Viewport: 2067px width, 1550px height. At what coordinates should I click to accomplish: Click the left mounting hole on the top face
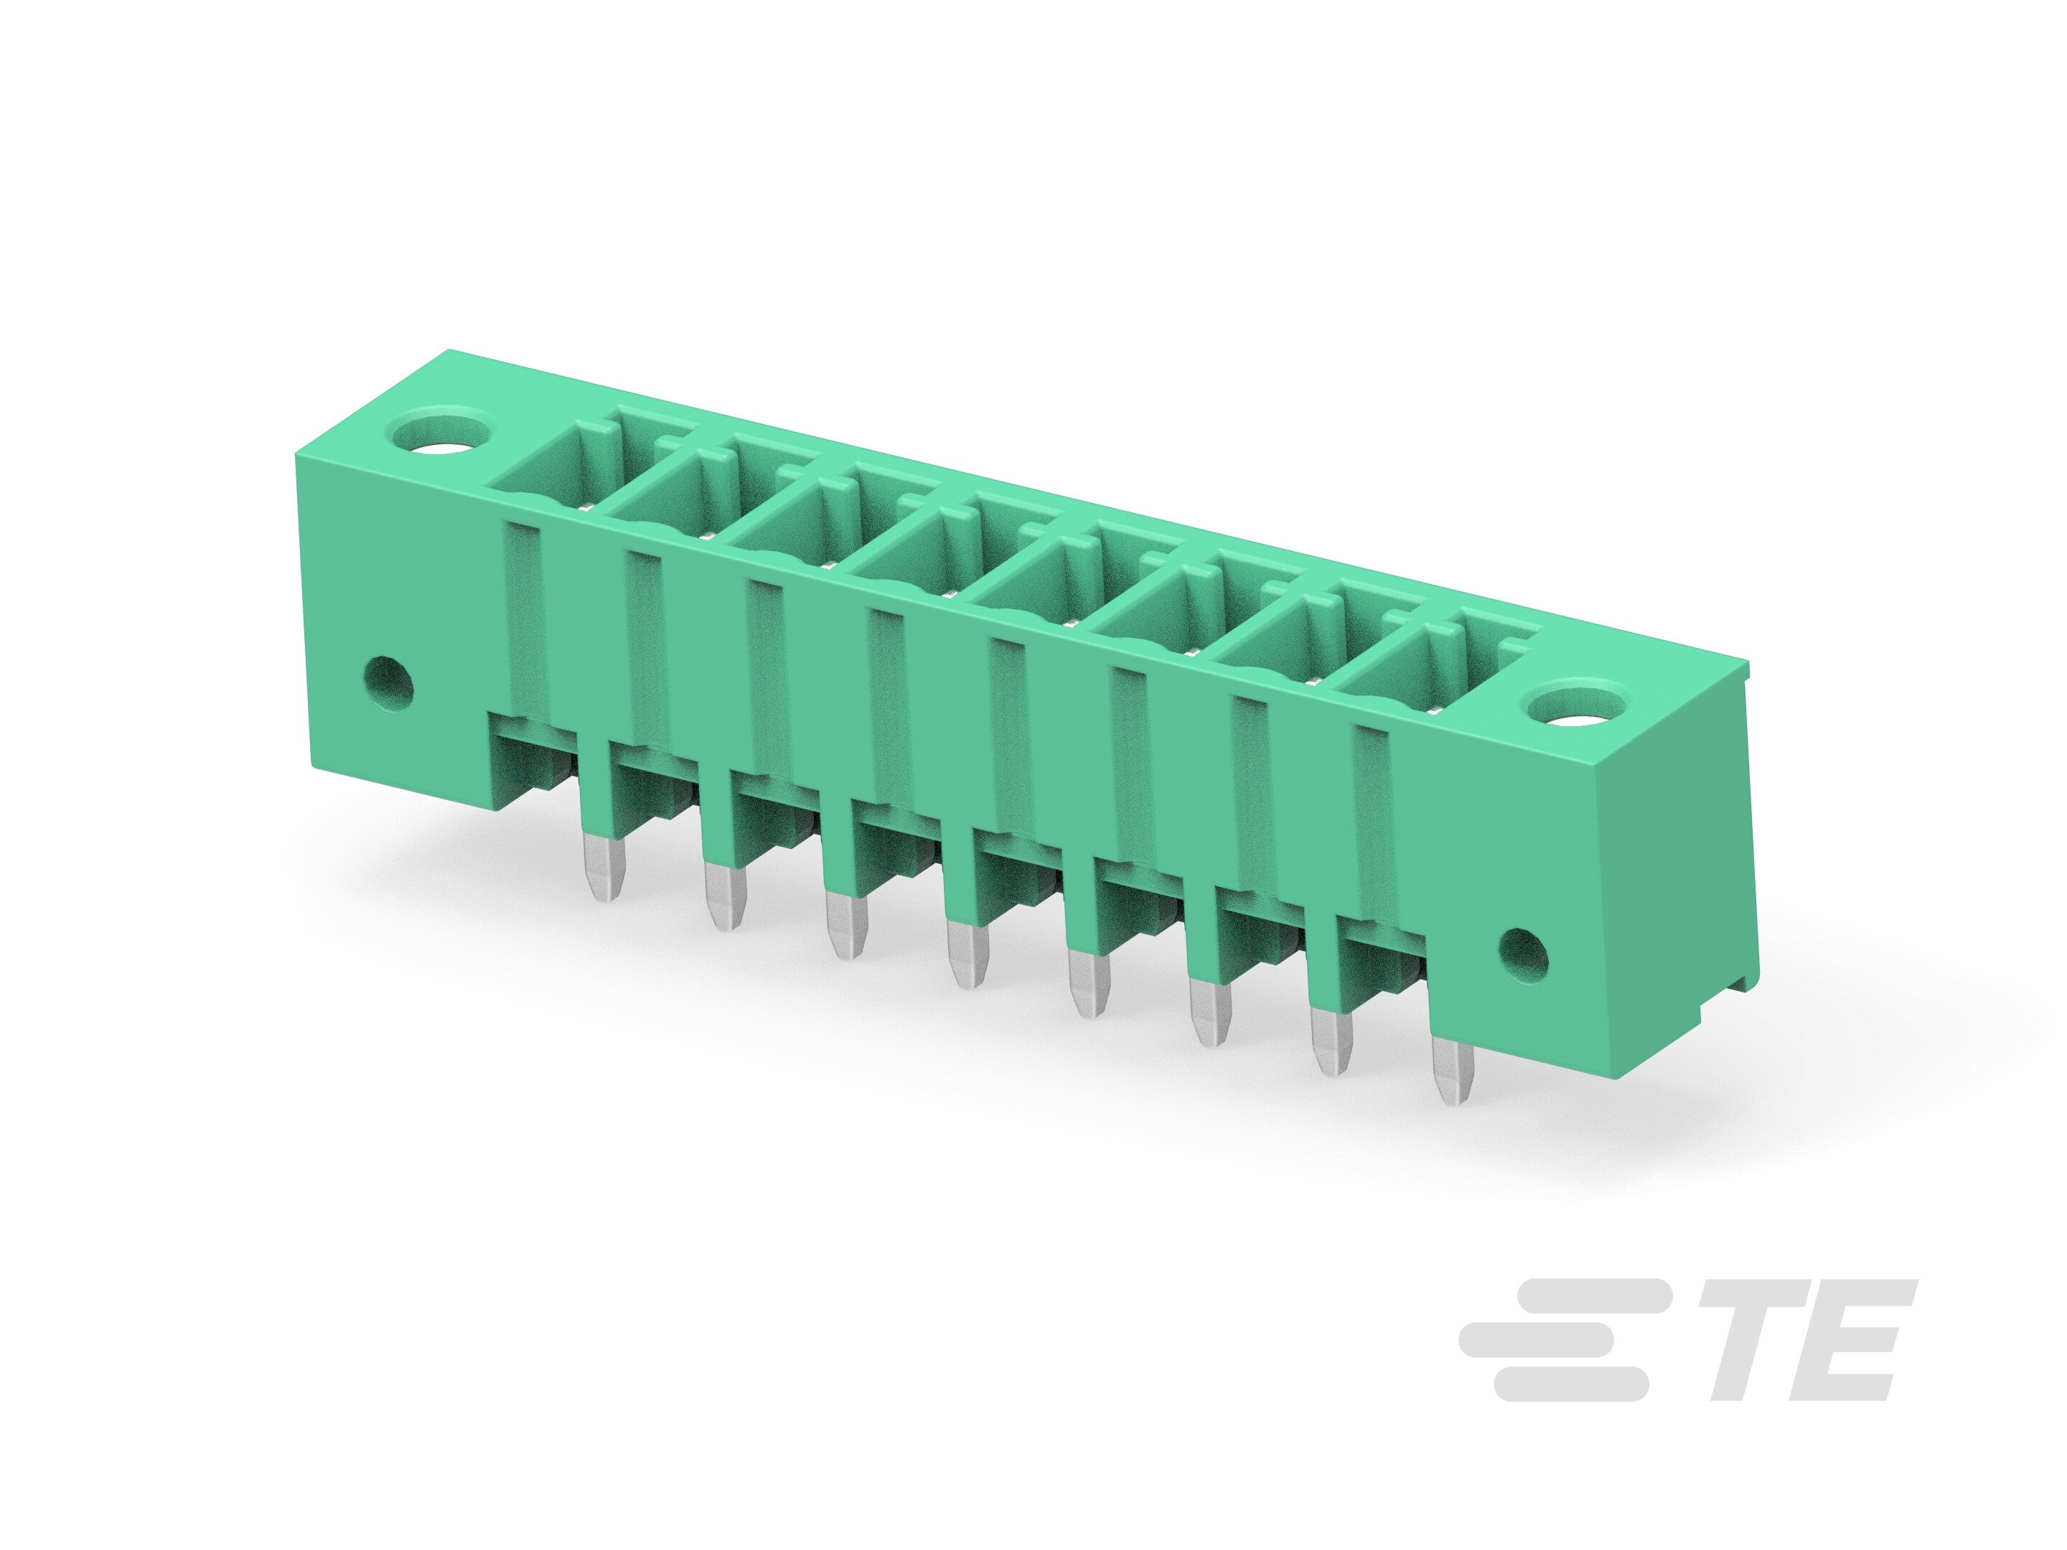click(x=443, y=434)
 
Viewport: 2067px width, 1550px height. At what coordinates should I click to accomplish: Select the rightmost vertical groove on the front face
click(x=1369, y=822)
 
